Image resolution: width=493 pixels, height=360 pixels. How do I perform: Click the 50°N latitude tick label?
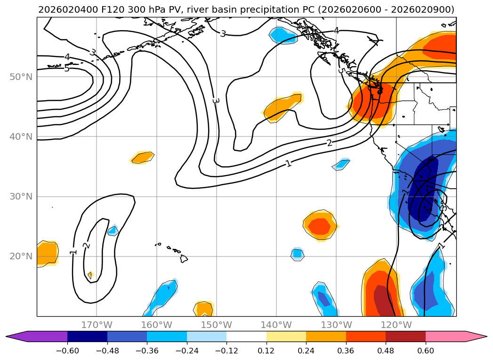[x=21, y=77]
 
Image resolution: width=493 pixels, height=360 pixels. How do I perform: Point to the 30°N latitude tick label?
[x=21, y=197]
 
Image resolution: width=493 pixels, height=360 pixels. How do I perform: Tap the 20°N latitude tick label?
[x=21, y=256]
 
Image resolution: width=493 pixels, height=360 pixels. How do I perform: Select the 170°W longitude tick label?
[x=97, y=325]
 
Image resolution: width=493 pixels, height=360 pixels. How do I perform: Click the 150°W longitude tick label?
[x=216, y=325]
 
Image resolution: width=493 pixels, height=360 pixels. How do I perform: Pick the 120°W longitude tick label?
[x=396, y=325]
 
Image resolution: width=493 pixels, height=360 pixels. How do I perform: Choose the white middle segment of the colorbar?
[x=246, y=336]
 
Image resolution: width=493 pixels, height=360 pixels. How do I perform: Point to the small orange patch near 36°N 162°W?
[x=143, y=158]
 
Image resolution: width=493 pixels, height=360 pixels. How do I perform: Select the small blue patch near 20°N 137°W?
[x=297, y=254]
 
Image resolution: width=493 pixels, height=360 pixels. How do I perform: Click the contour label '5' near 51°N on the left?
[x=66, y=69]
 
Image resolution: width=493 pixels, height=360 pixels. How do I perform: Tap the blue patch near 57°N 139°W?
[x=283, y=35]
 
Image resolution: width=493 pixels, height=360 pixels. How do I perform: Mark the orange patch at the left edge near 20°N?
[x=47, y=253]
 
